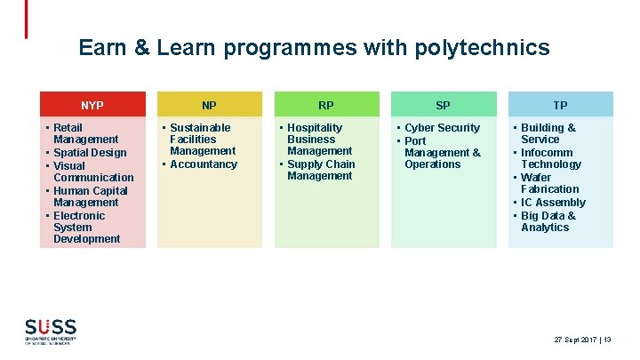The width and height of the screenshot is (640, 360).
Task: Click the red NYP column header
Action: point(92,105)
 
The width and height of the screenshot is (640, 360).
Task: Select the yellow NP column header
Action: point(210,105)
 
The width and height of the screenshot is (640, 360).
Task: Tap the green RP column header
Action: point(326,105)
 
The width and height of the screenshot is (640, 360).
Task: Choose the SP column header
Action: point(444,105)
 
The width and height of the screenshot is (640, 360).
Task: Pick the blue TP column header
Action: point(560,105)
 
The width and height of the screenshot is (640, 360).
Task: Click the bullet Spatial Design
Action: point(90,153)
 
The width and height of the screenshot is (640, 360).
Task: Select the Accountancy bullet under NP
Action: point(204,164)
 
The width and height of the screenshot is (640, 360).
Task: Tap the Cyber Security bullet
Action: point(442,128)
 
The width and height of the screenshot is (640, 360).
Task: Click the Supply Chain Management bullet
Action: point(320,170)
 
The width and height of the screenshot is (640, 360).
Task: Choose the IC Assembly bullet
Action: point(553,203)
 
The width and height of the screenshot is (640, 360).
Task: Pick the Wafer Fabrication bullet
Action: point(549,183)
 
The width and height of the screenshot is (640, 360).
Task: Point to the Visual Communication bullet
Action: point(92,172)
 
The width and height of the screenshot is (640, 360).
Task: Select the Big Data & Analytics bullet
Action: point(548,221)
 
